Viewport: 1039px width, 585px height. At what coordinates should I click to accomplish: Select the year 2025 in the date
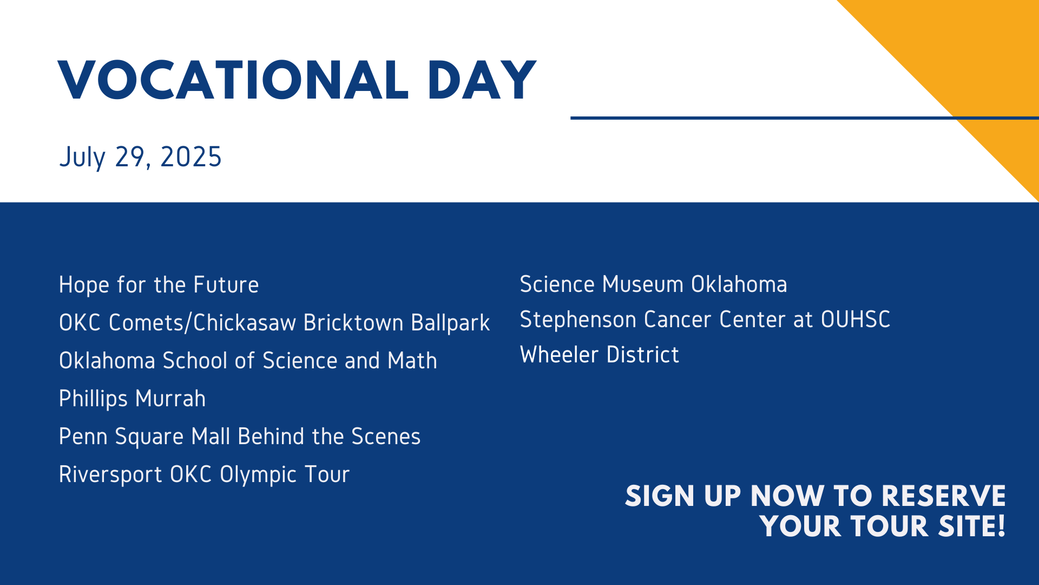click(x=191, y=157)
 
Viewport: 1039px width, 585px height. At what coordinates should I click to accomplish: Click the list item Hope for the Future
click(x=159, y=285)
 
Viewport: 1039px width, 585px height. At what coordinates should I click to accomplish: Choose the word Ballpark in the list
click(x=450, y=323)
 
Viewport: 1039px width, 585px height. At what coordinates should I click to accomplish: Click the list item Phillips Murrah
click(x=133, y=399)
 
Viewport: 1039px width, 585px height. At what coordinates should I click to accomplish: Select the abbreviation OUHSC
click(x=856, y=320)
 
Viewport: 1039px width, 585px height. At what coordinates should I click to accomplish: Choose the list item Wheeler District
click(x=600, y=355)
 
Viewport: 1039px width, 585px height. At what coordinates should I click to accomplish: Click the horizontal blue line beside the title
click(x=805, y=118)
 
